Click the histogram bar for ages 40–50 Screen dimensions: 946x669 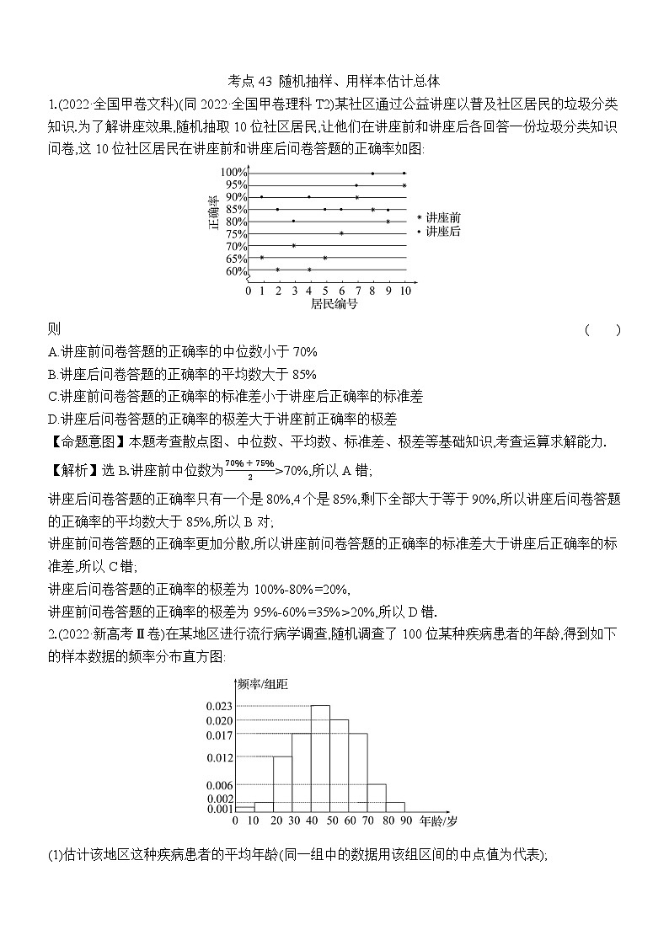pos(320,758)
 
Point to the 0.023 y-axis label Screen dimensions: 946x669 pos(220,706)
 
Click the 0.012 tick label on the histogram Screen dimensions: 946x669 pos(220,757)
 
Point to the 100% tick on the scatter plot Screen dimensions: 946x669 pos(234,173)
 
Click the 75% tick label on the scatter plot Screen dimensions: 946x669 pos(236,234)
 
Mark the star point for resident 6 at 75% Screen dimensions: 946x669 pos(341,233)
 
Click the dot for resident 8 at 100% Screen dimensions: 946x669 pos(372,173)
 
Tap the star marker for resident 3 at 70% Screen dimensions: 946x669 pos(293,246)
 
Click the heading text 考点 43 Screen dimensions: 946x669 pos(252,82)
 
